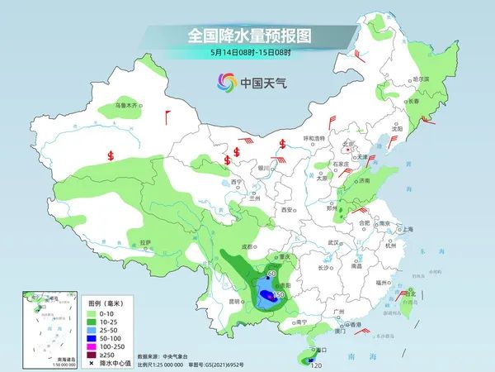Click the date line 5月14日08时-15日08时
pyautogui.click(x=247, y=53)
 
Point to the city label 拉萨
pyautogui.click(x=145, y=242)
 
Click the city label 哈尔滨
pyautogui.click(x=421, y=79)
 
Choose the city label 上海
pyautogui.click(x=406, y=230)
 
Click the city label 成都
pyautogui.click(x=246, y=246)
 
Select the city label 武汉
pyautogui.click(x=333, y=242)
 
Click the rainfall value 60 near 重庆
pyautogui.click(x=273, y=273)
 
